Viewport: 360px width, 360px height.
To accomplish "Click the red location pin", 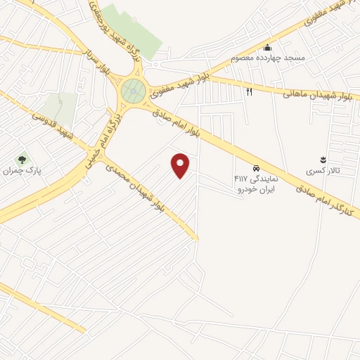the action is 181,165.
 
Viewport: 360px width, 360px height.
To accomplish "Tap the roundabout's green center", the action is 133,91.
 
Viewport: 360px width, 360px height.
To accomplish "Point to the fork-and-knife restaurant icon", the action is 249,91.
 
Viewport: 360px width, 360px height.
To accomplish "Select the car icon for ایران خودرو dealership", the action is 256,169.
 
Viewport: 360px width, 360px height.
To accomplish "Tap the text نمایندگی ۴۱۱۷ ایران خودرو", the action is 255,184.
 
